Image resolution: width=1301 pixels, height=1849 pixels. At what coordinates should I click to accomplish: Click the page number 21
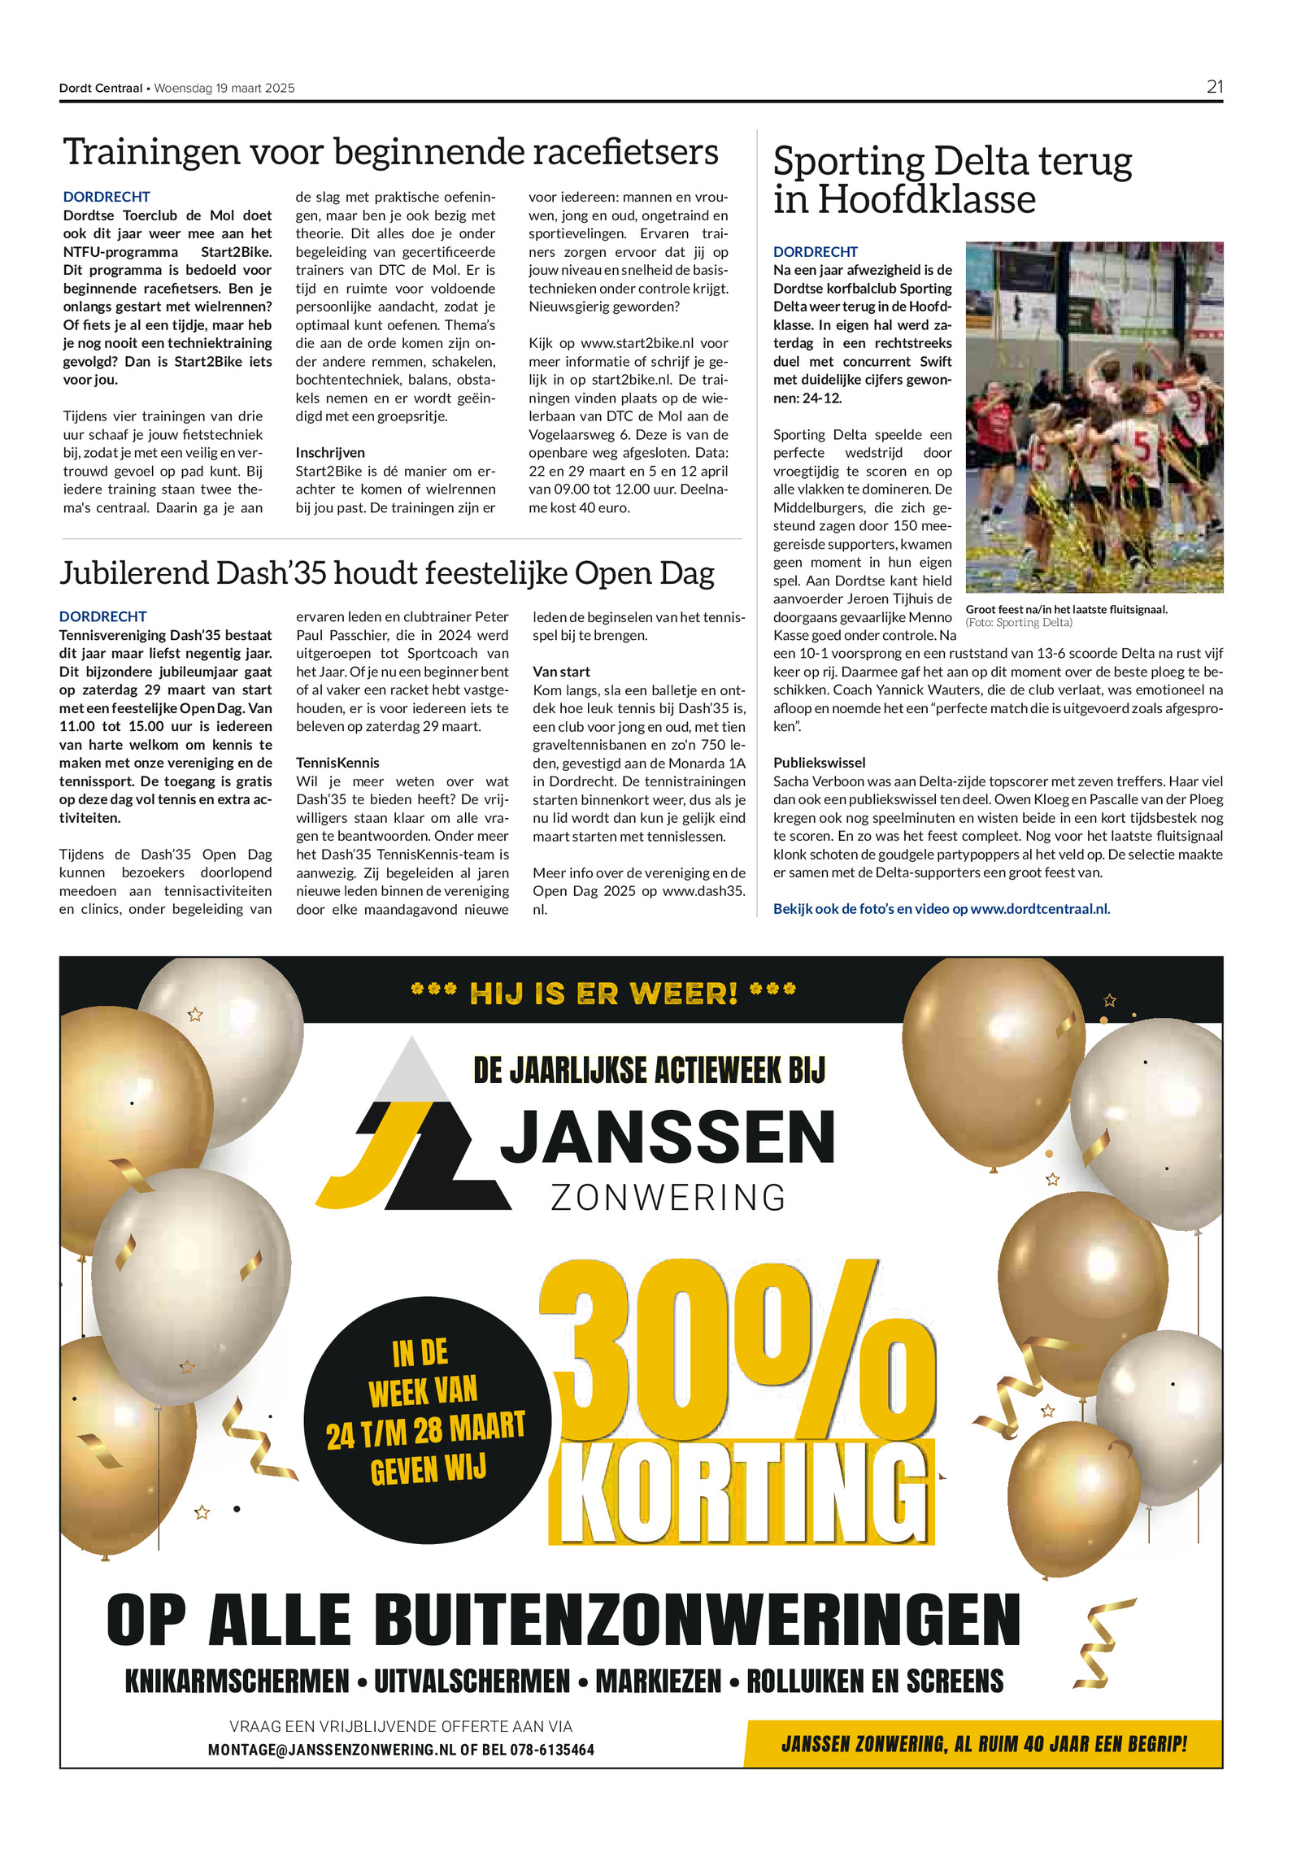tap(1214, 87)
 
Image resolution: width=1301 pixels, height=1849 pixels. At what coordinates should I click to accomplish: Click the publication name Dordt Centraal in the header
tap(100, 89)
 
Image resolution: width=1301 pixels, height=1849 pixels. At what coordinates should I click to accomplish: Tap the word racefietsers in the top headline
tap(624, 152)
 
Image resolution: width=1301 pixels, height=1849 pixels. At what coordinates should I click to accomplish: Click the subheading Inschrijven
tap(330, 453)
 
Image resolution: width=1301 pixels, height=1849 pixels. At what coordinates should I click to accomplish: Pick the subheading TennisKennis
tap(337, 763)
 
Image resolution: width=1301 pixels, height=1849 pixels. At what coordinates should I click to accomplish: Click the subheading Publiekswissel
tap(819, 763)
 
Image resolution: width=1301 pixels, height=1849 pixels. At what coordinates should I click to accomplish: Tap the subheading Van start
tap(561, 672)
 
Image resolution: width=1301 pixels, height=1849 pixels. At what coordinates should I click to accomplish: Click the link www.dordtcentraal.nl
tap(1039, 909)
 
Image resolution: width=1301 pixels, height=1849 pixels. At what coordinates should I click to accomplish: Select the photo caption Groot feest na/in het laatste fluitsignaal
tap(1066, 609)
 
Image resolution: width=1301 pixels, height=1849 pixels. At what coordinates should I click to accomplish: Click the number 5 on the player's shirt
tap(1142, 447)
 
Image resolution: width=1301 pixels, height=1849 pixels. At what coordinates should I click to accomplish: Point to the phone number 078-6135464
tap(552, 1750)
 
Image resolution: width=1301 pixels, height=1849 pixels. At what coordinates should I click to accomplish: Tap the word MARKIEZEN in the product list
tap(659, 1682)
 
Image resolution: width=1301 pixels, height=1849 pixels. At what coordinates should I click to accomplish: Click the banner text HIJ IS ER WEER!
tap(603, 993)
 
